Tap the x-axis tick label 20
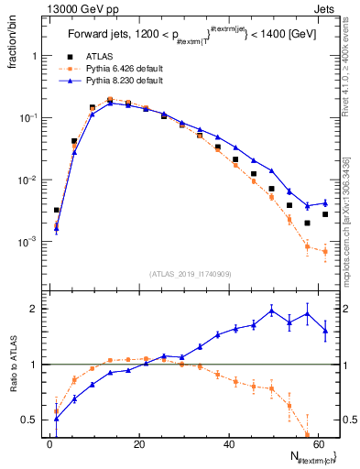click(x=138, y=446)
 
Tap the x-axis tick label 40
click(x=228, y=446)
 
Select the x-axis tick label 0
click(x=49, y=446)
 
